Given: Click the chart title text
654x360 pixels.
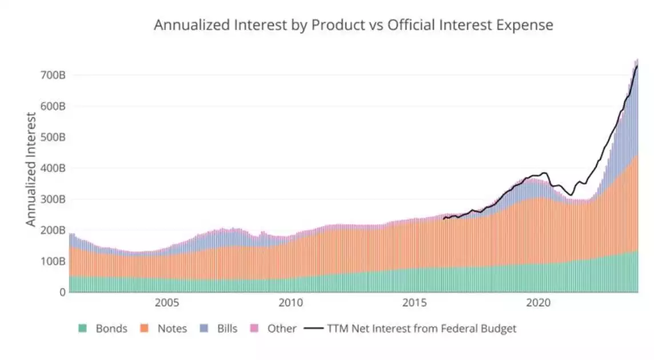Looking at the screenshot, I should click(353, 25).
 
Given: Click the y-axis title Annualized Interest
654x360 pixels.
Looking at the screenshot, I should click(31, 169).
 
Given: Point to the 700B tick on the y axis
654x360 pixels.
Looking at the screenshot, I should click(52, 75).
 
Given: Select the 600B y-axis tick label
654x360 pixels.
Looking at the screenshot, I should click(52, 106).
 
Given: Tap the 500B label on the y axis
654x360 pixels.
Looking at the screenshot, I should click(52, 137).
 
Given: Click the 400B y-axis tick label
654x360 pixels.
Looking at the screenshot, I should click(52, 169).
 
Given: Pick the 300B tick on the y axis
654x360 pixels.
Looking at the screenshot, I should click(52, 199).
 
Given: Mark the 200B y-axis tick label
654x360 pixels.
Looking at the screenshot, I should click(52, 230).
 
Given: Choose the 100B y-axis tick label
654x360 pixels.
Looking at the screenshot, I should click(52, 262).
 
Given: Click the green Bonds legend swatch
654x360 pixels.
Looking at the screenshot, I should click(83, 329).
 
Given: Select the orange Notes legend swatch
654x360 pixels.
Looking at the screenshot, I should click(144, 329).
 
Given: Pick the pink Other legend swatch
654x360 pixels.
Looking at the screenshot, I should click(254, 329).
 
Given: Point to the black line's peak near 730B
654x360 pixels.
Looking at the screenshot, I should click(637, 66).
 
